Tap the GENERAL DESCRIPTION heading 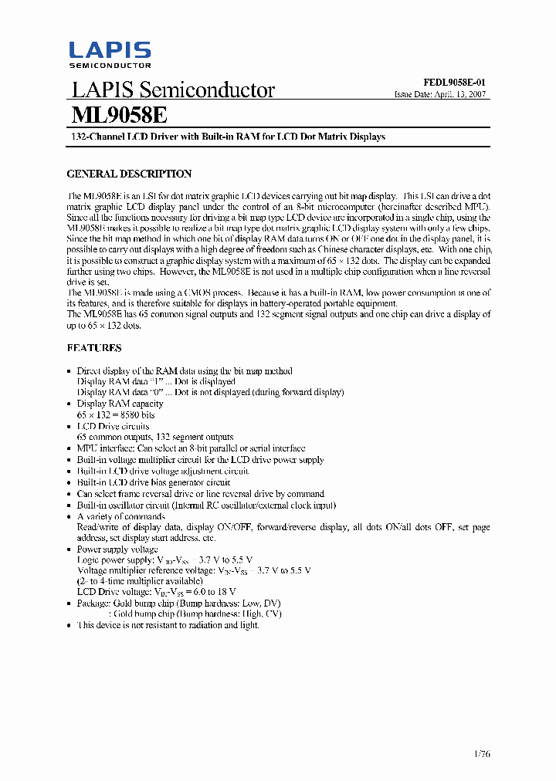pyautogui.click(x=129, y=174)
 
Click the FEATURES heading pyautogui.click(x=94, y=348)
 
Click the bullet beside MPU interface pyautogui.click(x=70, y=448)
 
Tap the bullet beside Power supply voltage pyautogui.click(x=70, y=549)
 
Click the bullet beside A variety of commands pyautogui.click(x=70, y=516)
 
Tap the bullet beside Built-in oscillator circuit pyautogui.click(x=70, y=505)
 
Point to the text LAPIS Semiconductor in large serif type pyautogui.click(x=173, y=90)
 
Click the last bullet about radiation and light pyautogui.click(x=70, y=625)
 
